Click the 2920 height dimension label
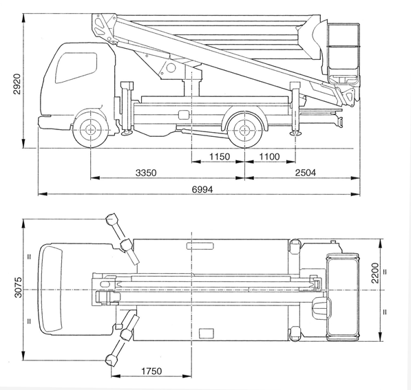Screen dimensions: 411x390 tap(17, 84)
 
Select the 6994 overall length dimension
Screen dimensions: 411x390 tap(202, 189)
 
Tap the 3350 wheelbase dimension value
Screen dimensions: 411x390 tap(146, 173)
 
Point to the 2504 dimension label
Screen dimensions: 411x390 tap(306, 173)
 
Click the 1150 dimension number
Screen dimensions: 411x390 tap(220, 157)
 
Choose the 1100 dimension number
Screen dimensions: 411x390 tap(269, 157)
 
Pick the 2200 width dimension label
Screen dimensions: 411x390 tap(375, 273)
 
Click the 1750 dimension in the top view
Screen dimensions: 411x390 tap(151, 371)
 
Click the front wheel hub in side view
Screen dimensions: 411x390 tap(90, 129)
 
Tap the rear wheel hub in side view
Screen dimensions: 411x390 tap(244, 129)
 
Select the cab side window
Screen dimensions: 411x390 tap(76, 68)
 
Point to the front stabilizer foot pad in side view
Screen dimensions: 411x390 tap(127, 133)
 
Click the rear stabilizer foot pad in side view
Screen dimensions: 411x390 tap(295, 133)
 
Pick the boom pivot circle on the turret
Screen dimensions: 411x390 tap(171, 68)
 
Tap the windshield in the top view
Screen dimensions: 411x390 tap(51, 290)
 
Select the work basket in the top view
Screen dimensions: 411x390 tap(342, 297)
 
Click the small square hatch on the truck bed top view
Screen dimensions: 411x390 tap(207, 334)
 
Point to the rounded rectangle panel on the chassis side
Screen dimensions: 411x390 tap(184, 115)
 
